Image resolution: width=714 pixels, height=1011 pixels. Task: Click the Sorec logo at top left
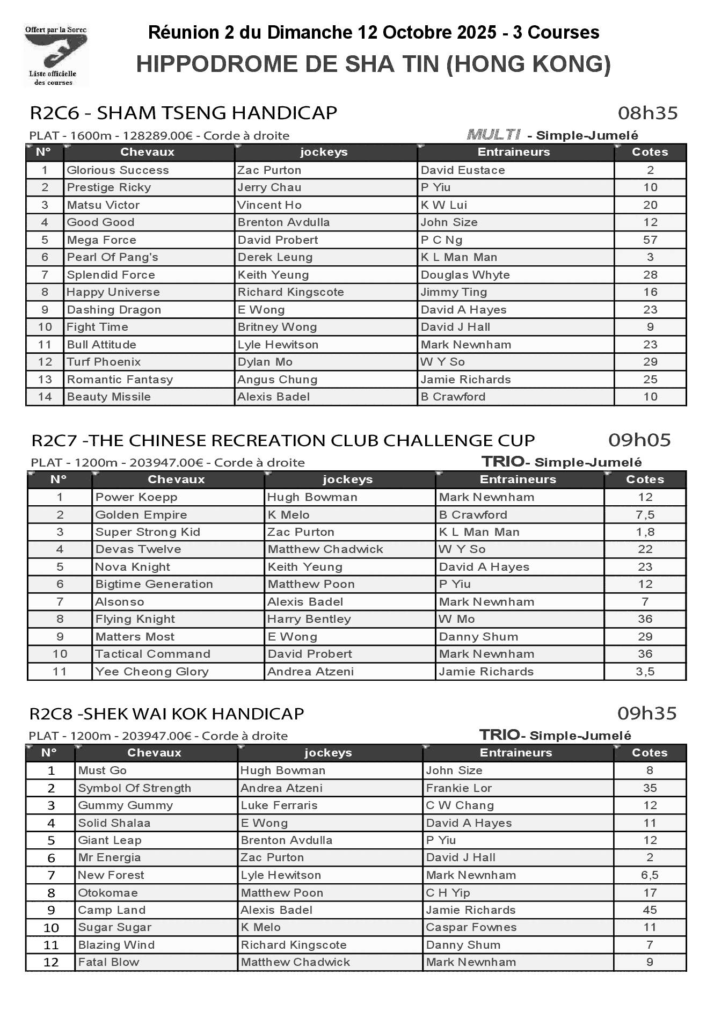click(x=55, y=56)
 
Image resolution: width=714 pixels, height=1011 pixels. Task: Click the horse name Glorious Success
click(x=118, y=170)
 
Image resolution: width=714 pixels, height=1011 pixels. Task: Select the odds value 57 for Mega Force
click(x=650, y=240)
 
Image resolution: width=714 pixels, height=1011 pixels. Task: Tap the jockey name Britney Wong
click(x=277, y=327)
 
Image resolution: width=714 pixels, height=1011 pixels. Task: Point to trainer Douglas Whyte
click(x=465, y=275)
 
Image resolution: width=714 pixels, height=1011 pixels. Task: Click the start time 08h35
click(x=647, y=113)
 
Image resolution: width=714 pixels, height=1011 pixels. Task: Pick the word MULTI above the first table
click(x=493, y=134)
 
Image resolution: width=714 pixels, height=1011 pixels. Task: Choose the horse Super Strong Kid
click(x=148, y=532)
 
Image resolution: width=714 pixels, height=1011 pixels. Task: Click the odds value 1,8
click(x=645, y=532)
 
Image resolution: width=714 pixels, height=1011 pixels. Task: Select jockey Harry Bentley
click(x=309, y=619)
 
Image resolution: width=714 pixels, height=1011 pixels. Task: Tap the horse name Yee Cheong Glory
click(x=152, y=672)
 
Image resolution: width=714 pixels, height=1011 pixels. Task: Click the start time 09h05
click(x=639, y=440)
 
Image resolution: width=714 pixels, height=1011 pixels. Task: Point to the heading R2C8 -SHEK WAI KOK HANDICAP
click(x=166, y=714)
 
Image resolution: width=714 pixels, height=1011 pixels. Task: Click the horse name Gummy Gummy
click(x=126, y=805)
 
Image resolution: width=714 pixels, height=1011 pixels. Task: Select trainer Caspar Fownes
click(x=471, y=927)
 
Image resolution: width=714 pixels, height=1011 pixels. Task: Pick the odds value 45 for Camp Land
click(x=650, y=910)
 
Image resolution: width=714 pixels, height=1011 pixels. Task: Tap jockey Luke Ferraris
click(x=279, y=805)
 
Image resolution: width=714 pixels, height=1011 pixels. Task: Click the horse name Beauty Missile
click(x=108, y=397)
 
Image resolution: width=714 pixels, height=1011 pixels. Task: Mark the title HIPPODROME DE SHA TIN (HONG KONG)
click(x=373, y=64)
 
